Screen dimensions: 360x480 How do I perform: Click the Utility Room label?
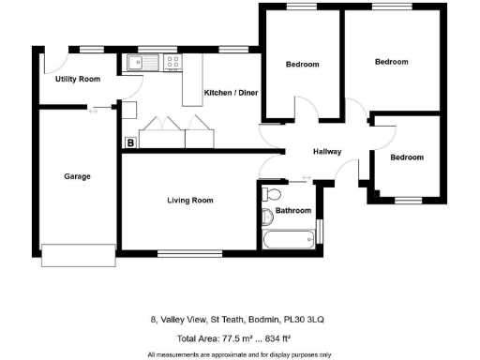coord(78,79)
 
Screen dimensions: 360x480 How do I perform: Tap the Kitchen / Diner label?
coord(231,92)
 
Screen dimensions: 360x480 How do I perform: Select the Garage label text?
coord(77,176)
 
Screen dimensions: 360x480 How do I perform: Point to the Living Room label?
coord(190,200)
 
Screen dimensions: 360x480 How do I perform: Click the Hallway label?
coord(326,152)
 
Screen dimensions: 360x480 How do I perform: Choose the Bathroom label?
coord(292,210)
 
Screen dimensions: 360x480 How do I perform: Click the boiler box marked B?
coord(130,142)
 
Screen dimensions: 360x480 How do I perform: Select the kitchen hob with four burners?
coord(173,63)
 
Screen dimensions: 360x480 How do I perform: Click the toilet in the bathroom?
coord(271,195)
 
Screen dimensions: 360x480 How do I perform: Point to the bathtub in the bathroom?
coord(289,239)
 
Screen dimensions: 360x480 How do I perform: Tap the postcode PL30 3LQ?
coord(305,320)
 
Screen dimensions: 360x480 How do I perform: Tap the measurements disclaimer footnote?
coord(239,354)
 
